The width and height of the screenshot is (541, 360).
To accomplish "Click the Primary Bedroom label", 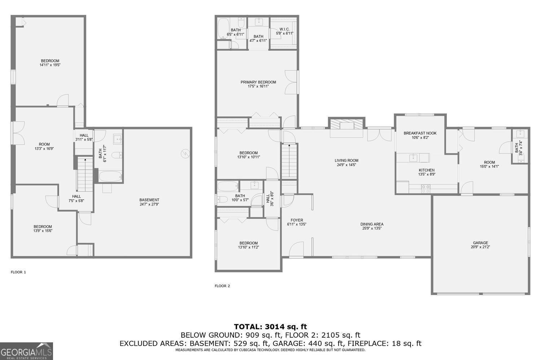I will (258, 84).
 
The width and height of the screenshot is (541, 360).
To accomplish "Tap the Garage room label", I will (480, 245).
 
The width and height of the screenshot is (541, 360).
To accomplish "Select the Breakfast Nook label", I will (420, 135).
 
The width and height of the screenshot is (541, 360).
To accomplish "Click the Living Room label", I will (346, 163).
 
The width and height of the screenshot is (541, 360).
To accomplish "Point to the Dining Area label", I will (372, 226).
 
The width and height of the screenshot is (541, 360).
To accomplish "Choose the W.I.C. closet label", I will (285, 31).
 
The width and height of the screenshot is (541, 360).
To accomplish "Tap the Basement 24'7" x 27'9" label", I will (149, 202).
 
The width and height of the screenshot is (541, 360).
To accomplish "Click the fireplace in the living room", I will (347, 125).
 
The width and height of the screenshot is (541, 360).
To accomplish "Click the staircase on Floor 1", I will (85, 175).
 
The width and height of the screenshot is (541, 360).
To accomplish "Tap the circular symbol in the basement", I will (185, 153).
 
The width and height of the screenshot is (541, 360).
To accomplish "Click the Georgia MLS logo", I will (26, 351).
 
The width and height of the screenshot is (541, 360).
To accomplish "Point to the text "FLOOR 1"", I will (18, 272).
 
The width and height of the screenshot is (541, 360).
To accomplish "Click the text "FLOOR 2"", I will (222, 286).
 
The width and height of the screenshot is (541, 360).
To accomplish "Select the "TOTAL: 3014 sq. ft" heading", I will (270, 327).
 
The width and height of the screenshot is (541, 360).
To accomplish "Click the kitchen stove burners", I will (426, 187).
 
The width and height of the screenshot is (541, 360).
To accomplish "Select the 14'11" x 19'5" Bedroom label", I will (50, 63).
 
